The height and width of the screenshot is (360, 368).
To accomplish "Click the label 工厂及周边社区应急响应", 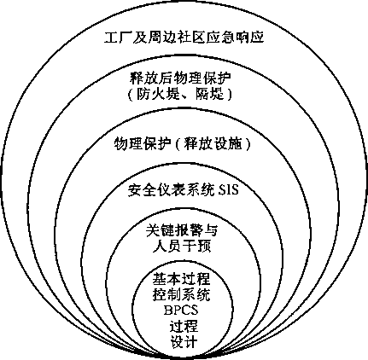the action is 184,38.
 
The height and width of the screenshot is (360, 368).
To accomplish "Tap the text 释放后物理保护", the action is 180,78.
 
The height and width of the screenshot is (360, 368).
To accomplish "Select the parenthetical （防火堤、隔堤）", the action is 179,94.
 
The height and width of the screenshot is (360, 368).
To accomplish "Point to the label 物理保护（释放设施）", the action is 183,144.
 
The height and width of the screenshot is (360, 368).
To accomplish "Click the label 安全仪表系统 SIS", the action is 183,190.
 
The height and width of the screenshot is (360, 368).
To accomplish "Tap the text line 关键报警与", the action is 182,230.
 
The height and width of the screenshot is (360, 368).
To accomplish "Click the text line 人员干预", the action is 182,246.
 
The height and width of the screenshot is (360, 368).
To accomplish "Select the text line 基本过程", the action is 181,279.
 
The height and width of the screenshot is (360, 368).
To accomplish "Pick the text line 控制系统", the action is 181,294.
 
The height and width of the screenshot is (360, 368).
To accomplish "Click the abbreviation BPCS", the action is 181,310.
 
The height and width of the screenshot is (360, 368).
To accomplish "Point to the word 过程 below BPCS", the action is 184,326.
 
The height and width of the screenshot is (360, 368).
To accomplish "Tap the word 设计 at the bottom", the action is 184,341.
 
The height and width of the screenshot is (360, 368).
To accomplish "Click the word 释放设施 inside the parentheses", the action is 213,144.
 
